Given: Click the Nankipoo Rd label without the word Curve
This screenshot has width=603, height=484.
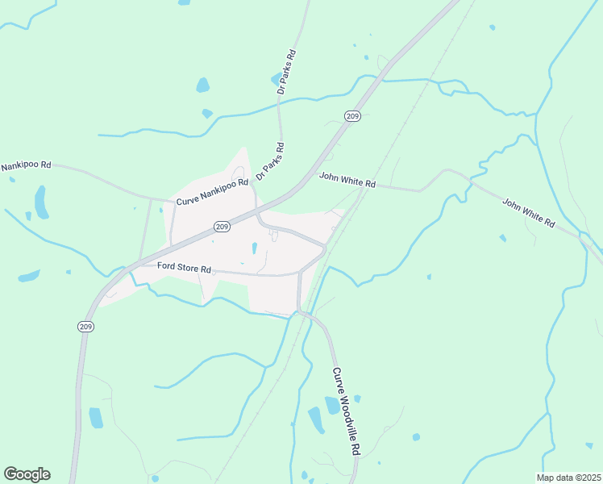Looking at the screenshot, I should pos(26,165).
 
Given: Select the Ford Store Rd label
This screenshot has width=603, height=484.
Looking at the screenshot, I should pos(184,267).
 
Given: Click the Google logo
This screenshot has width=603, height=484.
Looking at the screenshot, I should pos(27,474).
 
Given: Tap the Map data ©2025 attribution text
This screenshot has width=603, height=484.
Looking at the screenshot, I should pos(569,477).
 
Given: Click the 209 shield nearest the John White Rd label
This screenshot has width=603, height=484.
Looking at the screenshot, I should pos(351,116).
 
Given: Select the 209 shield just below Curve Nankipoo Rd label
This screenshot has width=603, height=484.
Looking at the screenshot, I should pos(223,227).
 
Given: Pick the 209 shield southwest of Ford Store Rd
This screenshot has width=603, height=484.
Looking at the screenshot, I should pos(85,326).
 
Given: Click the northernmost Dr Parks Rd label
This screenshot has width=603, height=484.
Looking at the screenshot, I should pos(285,73).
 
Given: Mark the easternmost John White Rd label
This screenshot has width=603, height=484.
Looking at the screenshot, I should pos(529,211).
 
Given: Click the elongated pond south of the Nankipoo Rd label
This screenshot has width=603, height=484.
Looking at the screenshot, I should pos(40,202).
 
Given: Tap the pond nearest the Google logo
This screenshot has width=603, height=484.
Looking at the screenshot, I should pos(96,417).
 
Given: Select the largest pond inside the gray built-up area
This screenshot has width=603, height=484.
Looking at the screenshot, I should pos(254,248).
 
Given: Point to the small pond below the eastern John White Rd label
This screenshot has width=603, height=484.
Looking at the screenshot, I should pos(503,238).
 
